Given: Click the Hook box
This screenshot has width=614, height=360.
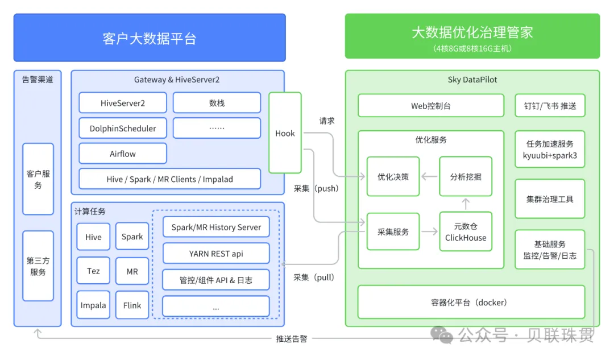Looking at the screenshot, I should coord(285,133).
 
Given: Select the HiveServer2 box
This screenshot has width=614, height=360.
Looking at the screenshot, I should coord(123,103).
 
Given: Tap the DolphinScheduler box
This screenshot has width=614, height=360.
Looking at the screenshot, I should coord(123,129).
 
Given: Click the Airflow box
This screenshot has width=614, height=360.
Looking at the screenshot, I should coord(123,154).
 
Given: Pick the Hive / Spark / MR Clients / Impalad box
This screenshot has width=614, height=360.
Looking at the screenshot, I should coord(169,179).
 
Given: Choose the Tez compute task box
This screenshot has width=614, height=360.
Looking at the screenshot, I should coord(93,271).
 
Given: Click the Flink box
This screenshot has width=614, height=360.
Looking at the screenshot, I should coord(132,305).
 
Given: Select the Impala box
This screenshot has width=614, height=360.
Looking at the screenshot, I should coord(93,305).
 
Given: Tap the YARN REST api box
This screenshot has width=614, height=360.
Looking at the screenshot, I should coord(216,254).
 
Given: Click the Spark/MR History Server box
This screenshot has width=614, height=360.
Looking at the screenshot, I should coord(216,227).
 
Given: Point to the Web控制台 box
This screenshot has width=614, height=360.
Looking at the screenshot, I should coord(431,106).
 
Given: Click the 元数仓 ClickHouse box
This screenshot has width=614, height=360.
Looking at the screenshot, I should coord(466,232).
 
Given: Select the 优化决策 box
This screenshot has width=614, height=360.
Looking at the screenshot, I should coord(393,177).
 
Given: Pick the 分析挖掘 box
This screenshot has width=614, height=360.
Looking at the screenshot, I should coord(466,177).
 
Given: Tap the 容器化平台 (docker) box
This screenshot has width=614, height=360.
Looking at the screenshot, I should coord(471,303).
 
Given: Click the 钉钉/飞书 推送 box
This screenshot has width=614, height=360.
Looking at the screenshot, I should coord(550,106).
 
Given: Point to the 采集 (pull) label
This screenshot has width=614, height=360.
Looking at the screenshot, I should coord(314,278).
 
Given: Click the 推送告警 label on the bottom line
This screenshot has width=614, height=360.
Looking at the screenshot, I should coord(292,339).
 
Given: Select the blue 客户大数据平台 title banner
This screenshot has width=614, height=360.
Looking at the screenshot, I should coord(150,38).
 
